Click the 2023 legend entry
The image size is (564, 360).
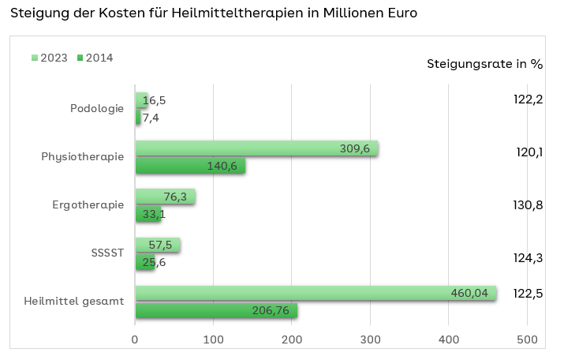point(49,58)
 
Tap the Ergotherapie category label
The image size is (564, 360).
point(88,205)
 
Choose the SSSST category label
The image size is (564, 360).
point(108,253)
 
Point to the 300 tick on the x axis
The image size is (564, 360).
point(370,339)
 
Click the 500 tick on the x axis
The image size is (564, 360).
point(527,339)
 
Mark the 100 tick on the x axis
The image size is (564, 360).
point(214,339)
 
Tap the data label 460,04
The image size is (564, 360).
point(469,293)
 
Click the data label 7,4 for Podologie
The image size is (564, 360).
point(151,118)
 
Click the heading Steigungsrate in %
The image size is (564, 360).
point(484,64)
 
